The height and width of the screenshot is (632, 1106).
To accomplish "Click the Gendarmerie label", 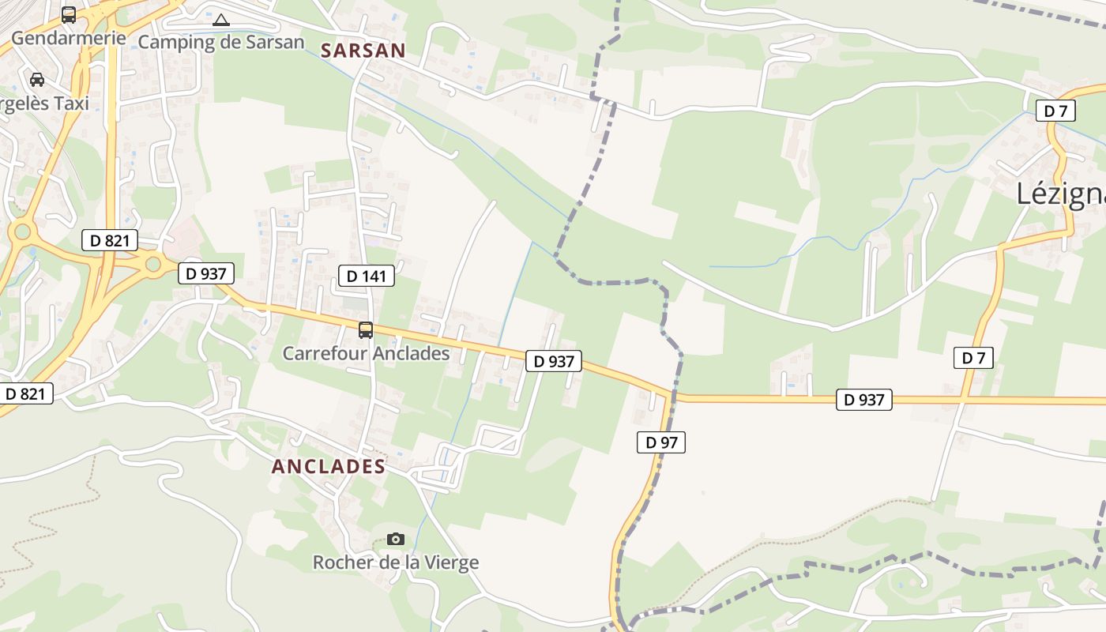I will point(68,37).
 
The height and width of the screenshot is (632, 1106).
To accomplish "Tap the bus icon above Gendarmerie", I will point(69,14).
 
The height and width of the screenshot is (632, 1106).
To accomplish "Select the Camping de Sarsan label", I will point(221,42).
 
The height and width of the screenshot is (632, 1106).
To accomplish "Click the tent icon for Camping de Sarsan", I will point(221,20).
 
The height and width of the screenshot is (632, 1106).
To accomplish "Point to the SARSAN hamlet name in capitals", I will point(363,51).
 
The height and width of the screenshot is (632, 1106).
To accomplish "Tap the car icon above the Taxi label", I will point(37,79).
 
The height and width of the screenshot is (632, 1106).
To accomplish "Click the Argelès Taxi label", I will point(43,103).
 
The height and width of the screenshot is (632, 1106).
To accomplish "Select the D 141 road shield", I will point(366,276).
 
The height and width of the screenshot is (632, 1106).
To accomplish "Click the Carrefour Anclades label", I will point(366,353).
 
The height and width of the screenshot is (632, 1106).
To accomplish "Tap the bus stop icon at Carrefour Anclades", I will point(365,330).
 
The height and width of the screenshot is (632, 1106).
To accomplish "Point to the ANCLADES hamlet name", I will point(329,466).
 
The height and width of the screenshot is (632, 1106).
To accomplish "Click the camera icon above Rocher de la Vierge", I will point(396,539).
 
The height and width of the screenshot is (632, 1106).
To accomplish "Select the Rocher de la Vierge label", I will point(396,562).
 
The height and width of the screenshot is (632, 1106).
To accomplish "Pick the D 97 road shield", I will point(661,442).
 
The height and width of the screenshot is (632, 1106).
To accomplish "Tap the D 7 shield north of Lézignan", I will point(1056,111).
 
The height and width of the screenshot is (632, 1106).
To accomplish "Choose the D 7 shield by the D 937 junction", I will point(973,358).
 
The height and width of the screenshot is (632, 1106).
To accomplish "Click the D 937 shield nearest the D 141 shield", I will point(206,274).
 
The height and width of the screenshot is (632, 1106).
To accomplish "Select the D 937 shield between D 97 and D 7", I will point(864,400).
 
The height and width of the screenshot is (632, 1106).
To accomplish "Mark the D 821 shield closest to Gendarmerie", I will point(110,240).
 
